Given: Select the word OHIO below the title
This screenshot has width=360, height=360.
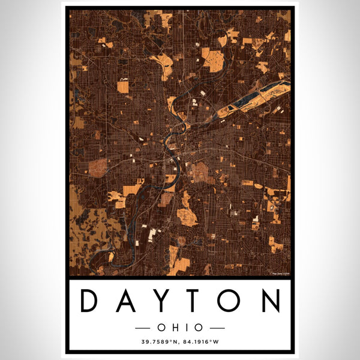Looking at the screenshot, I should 180,328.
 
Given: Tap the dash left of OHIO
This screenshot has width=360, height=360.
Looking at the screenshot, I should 146,328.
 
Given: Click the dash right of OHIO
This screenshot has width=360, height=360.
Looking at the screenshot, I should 214,328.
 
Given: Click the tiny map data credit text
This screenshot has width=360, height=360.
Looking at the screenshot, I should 280,274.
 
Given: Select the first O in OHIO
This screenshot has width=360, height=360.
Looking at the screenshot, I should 163,328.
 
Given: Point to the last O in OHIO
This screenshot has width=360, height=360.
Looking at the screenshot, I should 197,328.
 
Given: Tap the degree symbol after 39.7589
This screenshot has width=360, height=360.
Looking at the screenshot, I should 169,343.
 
